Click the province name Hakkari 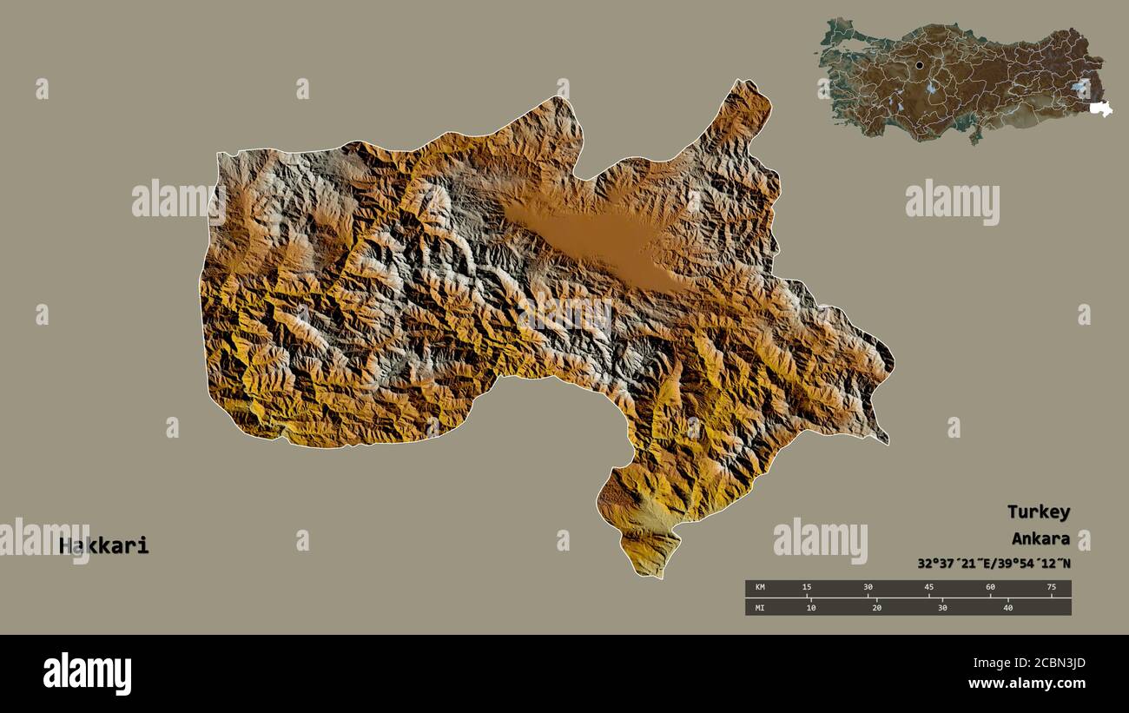(104, 546)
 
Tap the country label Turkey (1038, 512)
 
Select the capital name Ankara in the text (1040, 538)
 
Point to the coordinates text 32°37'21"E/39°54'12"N (994, 564)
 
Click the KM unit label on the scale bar (760, 587)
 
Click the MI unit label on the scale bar (760, 607)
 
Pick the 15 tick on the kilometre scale (807, 587)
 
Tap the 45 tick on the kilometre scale (929, 587)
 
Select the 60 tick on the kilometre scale (990, 587)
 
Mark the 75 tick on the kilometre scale (1051, 587)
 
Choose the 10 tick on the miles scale (810, 607)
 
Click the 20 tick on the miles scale (876, 607)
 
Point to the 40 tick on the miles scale (1008, 607)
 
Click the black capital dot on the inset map (920, 65)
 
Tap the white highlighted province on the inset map (1101, 109)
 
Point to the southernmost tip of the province (660, 577)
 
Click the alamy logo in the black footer (87, 674)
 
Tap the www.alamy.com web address (1026, 683)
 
